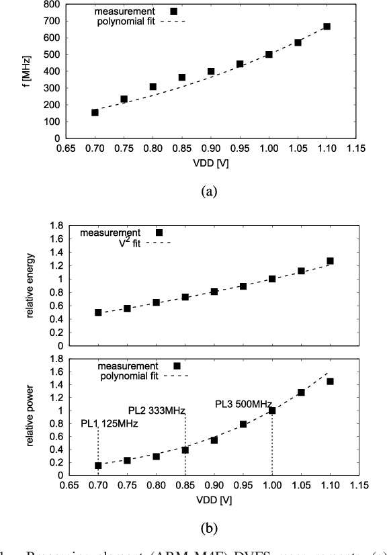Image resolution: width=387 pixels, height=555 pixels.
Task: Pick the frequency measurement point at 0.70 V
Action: (x=95, y=112)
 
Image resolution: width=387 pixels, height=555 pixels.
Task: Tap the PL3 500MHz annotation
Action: (x=243, y=404)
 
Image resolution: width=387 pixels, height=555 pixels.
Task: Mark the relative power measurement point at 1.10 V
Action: (x=330, y=382)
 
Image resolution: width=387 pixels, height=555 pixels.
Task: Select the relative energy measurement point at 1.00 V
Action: (x=272, y=278)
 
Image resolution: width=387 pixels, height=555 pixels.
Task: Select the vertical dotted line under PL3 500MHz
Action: (x=272, y=443)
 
